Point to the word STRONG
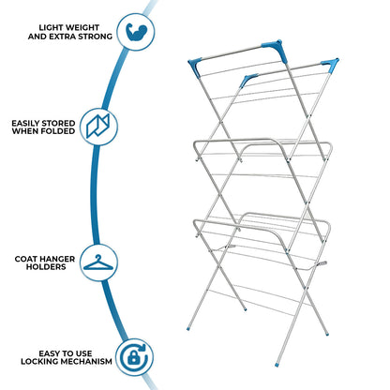tap(94, 36)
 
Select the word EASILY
tap(33, 120)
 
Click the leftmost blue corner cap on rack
tap(248, 80)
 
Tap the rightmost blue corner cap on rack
tap(331, 65)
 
